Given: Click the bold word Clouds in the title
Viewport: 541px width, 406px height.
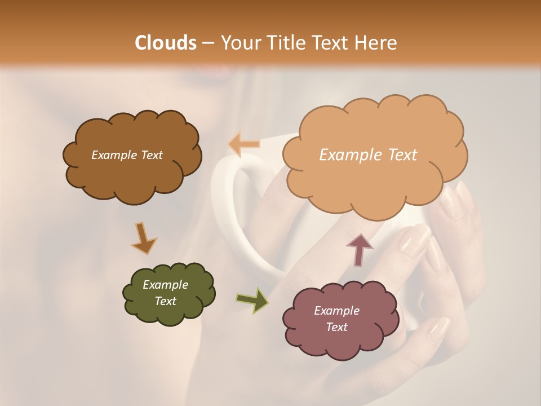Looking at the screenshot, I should point(166,43).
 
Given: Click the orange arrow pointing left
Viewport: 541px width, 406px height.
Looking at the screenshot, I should point(245,144).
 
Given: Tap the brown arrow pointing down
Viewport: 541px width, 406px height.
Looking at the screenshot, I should point(143,239).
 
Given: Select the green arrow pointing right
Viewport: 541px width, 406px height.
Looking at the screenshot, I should point(252,300).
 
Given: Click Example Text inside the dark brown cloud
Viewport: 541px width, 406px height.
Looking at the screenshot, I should point(127,155).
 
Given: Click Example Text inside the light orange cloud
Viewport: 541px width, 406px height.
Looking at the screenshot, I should point(368,155).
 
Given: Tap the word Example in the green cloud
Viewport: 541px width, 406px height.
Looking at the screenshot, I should point(165,285).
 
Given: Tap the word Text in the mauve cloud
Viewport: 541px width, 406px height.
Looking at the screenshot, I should point(336,327).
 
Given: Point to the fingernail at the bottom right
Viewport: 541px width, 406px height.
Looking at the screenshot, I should point(438,330).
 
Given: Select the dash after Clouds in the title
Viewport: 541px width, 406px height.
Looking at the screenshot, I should point(208,43).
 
